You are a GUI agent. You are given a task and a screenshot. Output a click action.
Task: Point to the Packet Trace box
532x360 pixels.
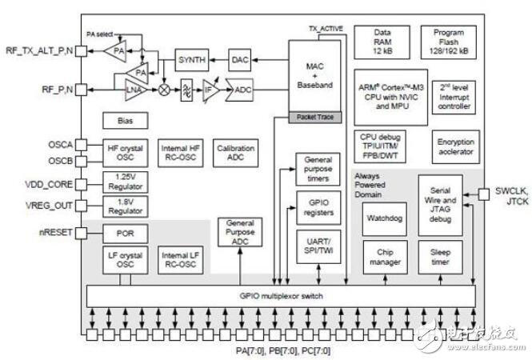tap(315, 118)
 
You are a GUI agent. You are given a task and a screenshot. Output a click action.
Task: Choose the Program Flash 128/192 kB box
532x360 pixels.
tap(449, 40)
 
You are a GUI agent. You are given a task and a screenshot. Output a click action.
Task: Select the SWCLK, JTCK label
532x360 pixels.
tap(510, 198)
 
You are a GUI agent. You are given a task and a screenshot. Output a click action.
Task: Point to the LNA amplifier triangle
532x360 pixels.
tap(134, 91)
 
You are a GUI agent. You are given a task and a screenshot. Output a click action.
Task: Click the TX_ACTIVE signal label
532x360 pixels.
tap(326, 29)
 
